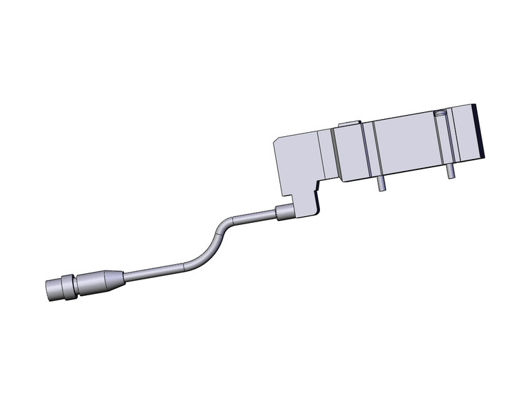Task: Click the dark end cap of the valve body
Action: pyautogui.click(x=482, y=131)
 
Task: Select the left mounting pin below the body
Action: pyautogui.click(x=379, y=184)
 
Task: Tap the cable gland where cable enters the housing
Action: pyautogui.click(x=284, y=213)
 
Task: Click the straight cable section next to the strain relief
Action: pyautogui.click(x=151, y=271)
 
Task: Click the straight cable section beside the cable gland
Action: pyautogui.click(x=255, y=220)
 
